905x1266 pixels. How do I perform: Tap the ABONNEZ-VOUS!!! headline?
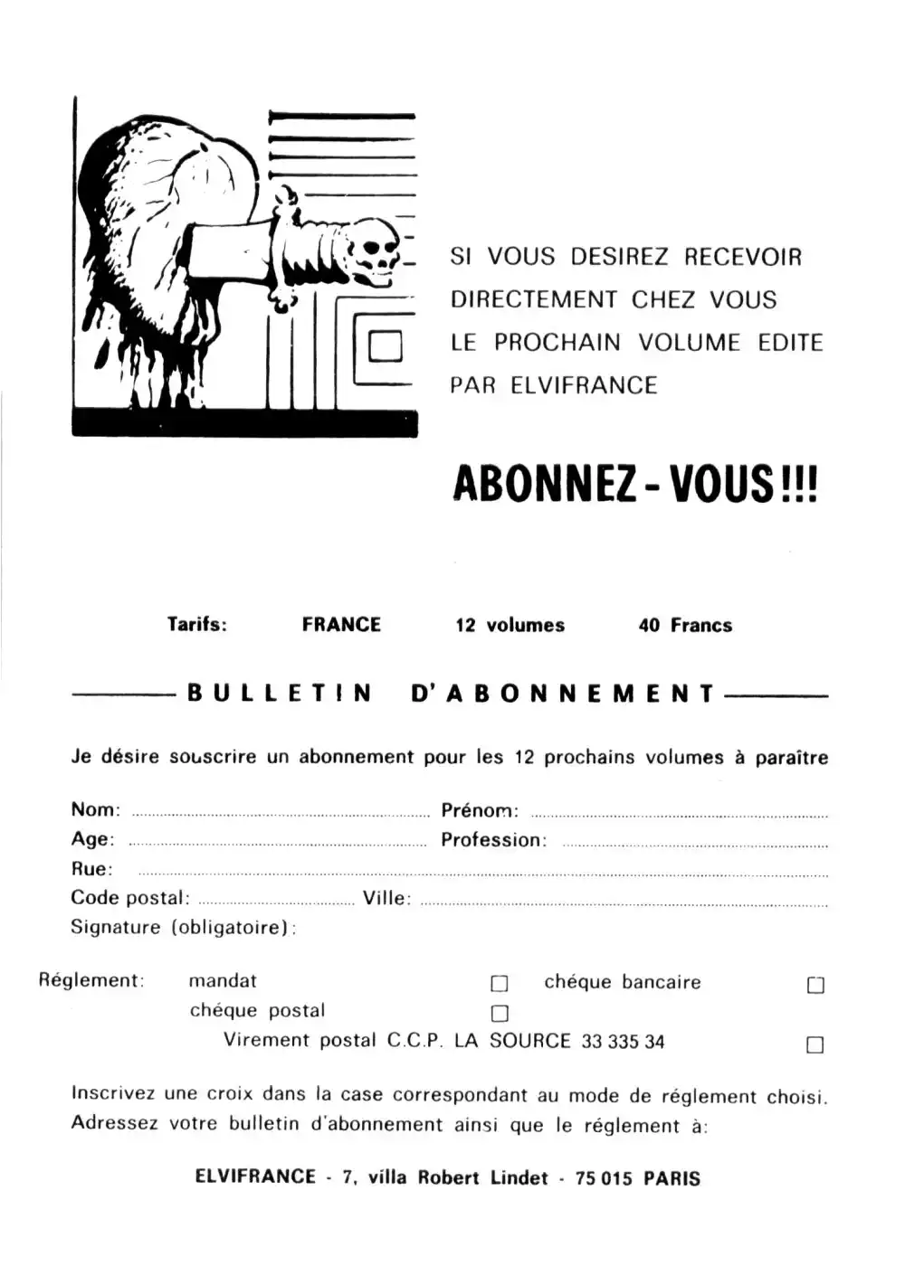(634, 483)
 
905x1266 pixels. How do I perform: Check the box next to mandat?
(499, 984)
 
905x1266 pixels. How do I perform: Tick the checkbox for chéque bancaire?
(815, 985)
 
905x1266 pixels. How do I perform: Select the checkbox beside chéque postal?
(499, 1013)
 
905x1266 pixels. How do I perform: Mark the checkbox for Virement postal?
(814, 1044)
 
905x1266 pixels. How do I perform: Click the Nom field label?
(95, 809)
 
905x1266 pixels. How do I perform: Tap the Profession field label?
(493, 840)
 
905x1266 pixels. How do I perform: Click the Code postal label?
(129, 898)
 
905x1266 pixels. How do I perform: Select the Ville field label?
(386, 899)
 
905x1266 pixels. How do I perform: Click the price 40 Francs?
(685, 625)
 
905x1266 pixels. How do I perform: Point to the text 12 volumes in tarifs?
(510, 625)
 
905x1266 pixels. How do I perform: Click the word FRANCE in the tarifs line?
(341, 624)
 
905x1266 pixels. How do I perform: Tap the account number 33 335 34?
(623, 1042)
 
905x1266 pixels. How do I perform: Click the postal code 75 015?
(604, 1178)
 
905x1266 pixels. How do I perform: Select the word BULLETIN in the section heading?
(280, 694)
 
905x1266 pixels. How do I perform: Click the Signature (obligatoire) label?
(183, 928)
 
